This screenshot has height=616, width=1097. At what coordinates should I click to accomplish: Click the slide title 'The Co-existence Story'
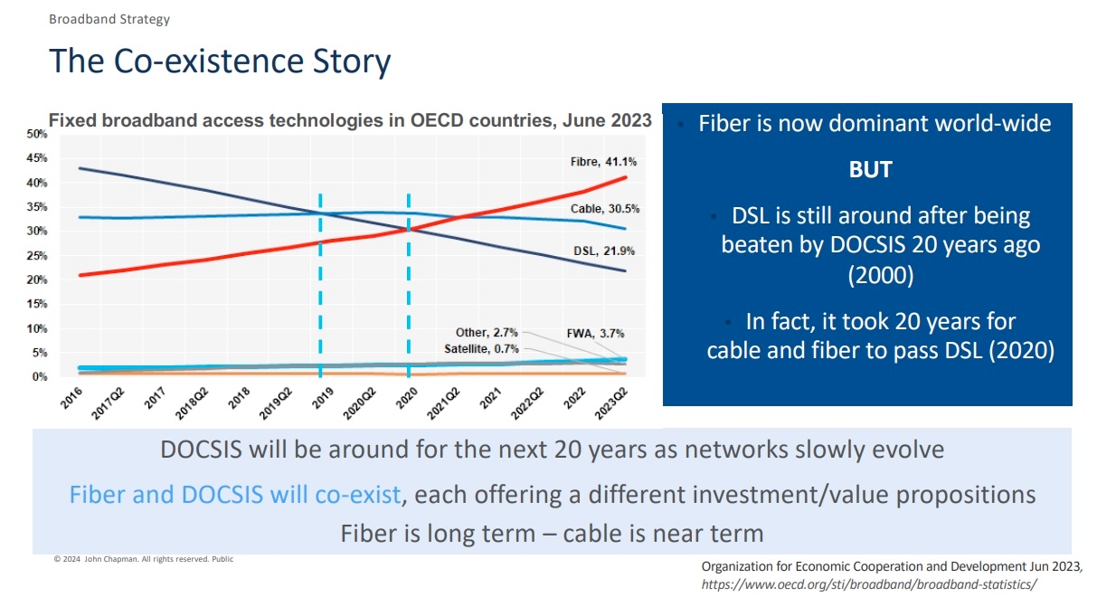(x=220, y=62)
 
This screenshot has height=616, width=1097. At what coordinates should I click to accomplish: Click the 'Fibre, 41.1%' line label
(x=603, y=162)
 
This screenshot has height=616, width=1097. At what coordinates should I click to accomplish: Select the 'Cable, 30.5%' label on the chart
(x=604, y=209)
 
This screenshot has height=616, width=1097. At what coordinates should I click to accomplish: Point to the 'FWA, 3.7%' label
(x=594, y=333)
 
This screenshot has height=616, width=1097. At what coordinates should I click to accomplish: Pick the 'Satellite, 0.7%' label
(x=481, y=348)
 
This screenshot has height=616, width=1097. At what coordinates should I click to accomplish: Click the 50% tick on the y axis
(x=37, y=134)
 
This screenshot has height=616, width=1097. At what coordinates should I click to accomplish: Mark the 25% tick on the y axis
(x=37, y=256)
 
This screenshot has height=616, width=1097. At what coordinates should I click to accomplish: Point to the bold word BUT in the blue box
(x=870, y=170)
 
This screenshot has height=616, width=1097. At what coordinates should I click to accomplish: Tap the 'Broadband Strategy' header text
(x=109, y=19)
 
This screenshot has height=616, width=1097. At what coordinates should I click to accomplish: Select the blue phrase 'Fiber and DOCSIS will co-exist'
(x=235, y=495)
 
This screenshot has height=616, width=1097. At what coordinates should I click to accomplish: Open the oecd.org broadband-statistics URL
(x=869, y=584)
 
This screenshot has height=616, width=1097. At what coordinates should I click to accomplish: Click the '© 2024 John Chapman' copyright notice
(x=143, y=559)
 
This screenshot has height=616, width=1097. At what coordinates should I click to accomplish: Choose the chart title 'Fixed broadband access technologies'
(x=349, y=120)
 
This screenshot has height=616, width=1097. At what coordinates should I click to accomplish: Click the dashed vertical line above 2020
(x=409, y=271)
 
